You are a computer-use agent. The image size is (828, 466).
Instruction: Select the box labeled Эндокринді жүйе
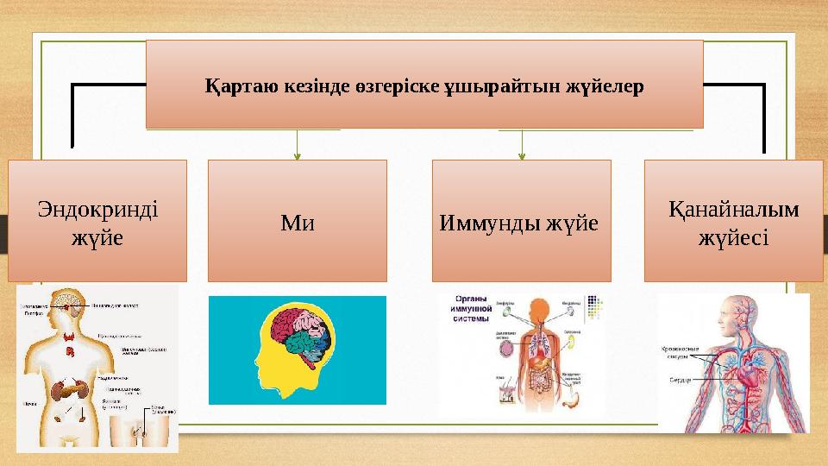[97, 221]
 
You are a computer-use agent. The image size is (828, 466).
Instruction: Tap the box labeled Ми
[298, 222]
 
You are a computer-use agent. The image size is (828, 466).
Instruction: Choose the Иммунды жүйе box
[520, 222]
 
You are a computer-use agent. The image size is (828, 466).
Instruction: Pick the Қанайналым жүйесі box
[733, 222]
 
